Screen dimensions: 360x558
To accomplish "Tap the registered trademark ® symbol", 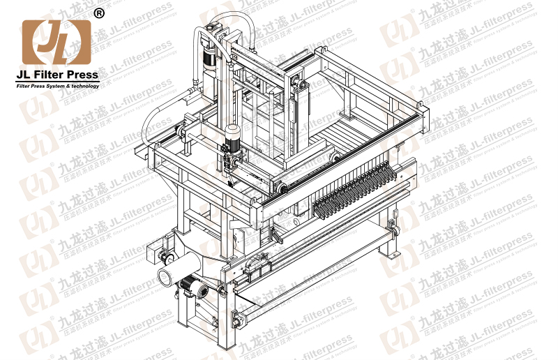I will click(x=98, y=13).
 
